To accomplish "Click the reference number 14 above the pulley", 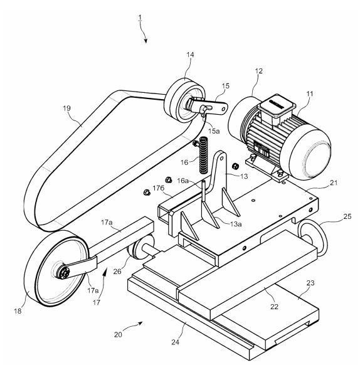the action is [190, 55].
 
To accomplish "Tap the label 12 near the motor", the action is [258, 71].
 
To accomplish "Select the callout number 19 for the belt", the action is [67, 108].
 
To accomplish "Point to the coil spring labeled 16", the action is [204, 155].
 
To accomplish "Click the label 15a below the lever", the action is [214, 131].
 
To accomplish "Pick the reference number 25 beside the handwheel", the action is [347, 216].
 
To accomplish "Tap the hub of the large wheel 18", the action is [63, 272].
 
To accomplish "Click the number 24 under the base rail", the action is [176, 342].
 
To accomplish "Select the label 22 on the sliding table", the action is [274, 307].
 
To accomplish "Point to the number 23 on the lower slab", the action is [310, 283].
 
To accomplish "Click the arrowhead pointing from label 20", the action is [140, 323].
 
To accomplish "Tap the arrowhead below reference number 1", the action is [146, 41].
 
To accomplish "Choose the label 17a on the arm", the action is [107, 223].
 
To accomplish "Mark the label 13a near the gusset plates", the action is [236, 224].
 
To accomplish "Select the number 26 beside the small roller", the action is [117, 272].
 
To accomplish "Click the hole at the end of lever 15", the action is [223, 109].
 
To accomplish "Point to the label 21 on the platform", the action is [334, 182].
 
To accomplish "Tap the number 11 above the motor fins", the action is [310, 94].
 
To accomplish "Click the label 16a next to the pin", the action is [183, 181].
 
